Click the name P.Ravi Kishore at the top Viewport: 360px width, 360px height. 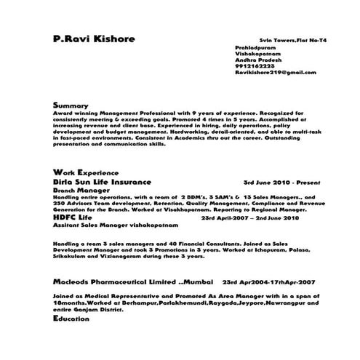coord(94,39)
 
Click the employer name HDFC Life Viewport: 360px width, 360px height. coord(73,217)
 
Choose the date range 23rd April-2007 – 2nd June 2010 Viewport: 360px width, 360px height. coord(249,217)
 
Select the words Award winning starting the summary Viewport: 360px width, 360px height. coord(75,113)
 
